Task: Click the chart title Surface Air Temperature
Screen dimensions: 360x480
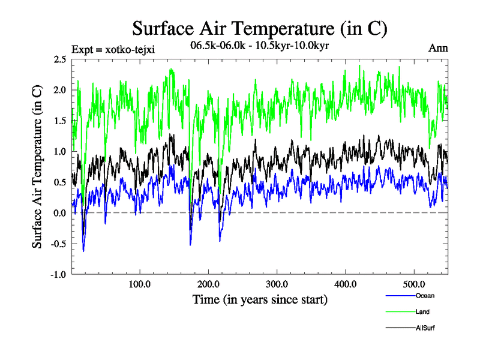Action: click(x=259, y=29)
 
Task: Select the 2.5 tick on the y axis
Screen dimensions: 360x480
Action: click(x=59, y=59)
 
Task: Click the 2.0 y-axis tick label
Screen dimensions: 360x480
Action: click(x=59, y=90)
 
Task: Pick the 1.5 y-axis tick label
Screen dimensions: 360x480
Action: click(x=59, y=121)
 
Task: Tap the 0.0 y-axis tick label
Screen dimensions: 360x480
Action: click(x=59, y=213)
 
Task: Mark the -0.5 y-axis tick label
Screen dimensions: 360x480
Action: click(x=58, y=244)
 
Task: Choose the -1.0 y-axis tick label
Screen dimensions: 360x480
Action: click(x=58, y=275)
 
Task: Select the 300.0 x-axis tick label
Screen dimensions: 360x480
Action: click(x=277, y=284)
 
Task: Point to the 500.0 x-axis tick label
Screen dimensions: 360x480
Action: click(x=415, y=284)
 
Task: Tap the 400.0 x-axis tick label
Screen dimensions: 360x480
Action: click(x=346, y=284)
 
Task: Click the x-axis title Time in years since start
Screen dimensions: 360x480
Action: click(x=259, y=299)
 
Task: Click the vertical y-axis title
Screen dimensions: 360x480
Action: click(x=37, y=167)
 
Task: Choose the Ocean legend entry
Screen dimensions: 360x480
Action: click(x=424, y=296)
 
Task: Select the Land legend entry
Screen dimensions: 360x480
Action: click(x=422, y=312)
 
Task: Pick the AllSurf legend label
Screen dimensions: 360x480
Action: click(x=424, y=328)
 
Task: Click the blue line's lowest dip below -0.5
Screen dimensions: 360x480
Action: click(x=83, y=251)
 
